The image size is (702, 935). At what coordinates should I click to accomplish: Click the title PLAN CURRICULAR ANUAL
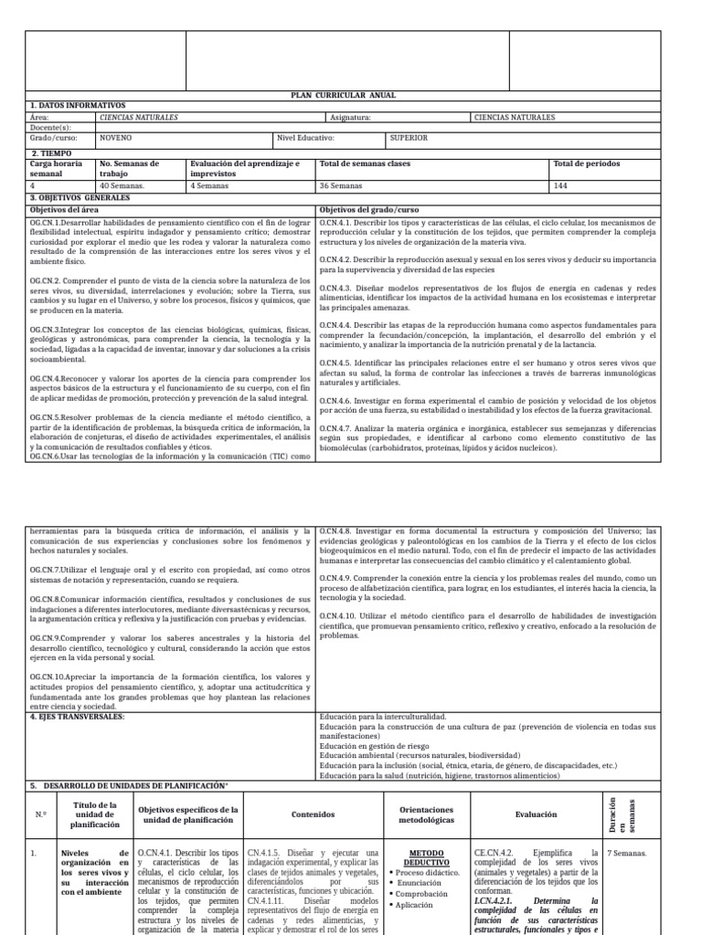(350, 96)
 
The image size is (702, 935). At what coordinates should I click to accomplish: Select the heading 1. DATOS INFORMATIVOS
(78, 106)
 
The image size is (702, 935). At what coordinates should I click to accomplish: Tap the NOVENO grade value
(116, 138)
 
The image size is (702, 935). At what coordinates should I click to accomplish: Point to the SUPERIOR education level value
(409, 138)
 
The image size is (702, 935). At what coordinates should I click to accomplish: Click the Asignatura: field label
(350, 118)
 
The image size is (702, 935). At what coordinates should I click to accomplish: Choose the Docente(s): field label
(51, 128)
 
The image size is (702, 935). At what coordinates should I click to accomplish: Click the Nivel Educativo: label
(305, 138)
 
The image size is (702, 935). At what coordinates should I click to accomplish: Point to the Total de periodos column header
(585, 163)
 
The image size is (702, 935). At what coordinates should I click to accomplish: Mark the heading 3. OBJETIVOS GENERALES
(80, 197)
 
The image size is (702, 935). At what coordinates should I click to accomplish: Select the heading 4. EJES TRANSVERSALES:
(80, 717)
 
